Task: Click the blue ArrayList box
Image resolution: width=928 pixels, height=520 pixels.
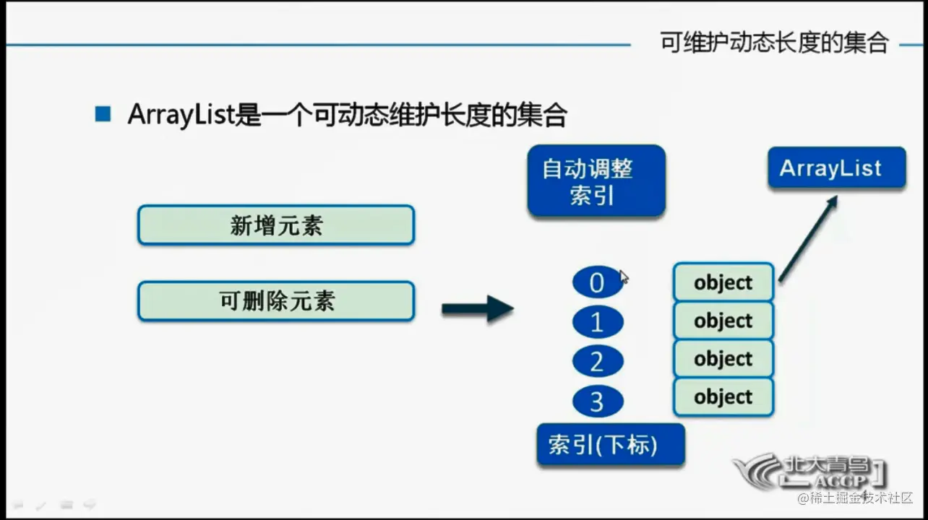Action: coord(836,168)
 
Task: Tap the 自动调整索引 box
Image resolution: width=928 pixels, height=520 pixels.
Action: coord(596,181)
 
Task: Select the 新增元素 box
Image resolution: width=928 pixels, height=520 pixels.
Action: coord(275,225)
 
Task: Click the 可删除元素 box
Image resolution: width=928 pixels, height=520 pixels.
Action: coord(275,300)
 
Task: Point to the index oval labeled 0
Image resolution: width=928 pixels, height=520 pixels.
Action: coord(597,282)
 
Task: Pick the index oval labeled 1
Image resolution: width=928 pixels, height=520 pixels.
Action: coord(597,322)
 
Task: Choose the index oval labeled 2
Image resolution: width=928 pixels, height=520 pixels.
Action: coord(597,361)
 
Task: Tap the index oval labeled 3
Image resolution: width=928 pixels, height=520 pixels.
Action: coord(597,401)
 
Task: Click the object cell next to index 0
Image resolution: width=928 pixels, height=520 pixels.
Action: coord(723,282)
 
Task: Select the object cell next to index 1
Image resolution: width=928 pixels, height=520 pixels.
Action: coord(723,321)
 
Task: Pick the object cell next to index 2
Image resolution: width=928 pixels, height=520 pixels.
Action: coord(723,359)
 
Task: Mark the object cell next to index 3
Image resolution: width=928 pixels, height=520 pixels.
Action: coord(723,397)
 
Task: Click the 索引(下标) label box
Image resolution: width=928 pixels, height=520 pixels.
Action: coord(610,444)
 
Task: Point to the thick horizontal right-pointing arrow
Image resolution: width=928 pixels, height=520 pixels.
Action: coord(477,308)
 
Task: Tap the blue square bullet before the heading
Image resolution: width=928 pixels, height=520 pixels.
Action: coord(103,114)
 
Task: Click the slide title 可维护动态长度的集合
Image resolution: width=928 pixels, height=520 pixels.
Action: coord(774,43)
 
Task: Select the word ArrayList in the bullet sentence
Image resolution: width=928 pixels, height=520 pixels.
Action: coord(181,116)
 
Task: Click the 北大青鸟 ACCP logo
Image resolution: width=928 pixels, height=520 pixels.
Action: coord(809,472)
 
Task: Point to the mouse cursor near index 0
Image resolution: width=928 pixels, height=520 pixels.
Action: coord(624,277)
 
